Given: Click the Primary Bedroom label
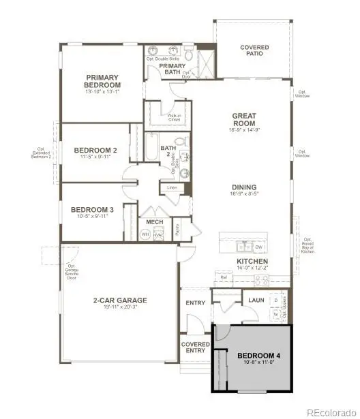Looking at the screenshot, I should [102, 81].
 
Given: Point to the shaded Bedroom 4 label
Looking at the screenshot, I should [259, 356].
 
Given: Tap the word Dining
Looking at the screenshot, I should [243, 187].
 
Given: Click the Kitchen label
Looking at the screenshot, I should [252, 261].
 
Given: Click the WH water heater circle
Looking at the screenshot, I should [145, 234].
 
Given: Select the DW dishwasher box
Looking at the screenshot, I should [258, 246].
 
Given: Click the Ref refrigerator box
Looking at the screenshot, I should [223, 277].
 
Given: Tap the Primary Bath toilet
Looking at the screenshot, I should [187, 52].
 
